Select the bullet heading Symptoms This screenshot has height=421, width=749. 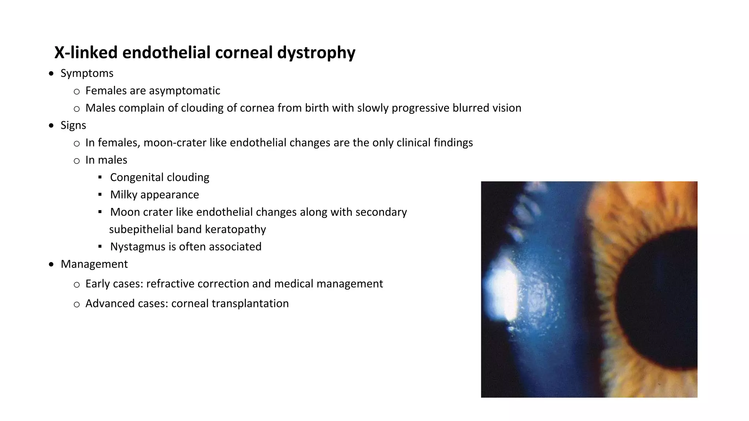coord(87,73)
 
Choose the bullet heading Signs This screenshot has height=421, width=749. coord(73,125)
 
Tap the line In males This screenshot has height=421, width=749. coord(106,160)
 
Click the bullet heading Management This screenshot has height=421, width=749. coord(94,264)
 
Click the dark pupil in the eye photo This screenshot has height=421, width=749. coord(658,300)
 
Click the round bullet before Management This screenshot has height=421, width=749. coord(52,264)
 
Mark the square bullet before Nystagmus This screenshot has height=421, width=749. coord(100,247)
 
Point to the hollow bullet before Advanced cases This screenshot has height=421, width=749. coord(76,304)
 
